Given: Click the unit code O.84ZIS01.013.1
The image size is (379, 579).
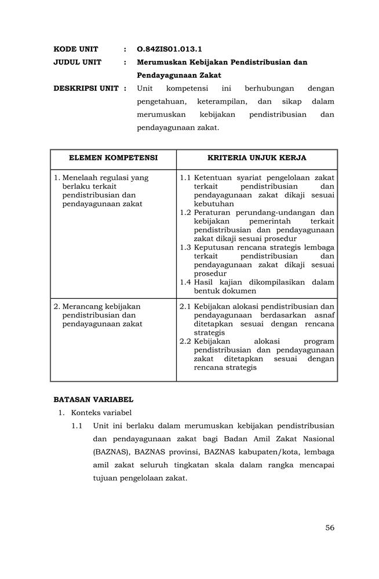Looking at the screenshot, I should [x=169, y=49].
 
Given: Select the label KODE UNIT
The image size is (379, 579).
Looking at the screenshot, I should [x=76, y=49].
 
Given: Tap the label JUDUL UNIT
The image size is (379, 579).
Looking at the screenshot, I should [x=77, y=63].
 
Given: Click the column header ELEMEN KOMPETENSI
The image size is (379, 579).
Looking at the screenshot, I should [x=113, y=158].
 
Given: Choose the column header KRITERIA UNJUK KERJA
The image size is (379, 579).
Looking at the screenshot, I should [x=257, y=158].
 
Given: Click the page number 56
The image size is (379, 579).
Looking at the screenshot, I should [x=330, y=527].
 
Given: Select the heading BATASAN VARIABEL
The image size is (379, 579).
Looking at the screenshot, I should [x=93, y=400].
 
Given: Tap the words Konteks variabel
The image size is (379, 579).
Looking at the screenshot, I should [x=101, y=413].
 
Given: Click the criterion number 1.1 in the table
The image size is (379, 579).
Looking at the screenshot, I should [x=185, y=178].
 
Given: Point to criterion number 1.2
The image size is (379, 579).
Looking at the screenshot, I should [x=185, y=212].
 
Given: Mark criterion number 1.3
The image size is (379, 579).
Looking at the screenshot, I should [x=185, y=247].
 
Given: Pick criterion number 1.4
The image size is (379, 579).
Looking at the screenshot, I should [x=185, y=282].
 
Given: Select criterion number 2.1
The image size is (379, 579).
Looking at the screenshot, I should [x=185, y=306].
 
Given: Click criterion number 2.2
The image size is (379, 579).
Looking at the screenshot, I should [x=185, y=342].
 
